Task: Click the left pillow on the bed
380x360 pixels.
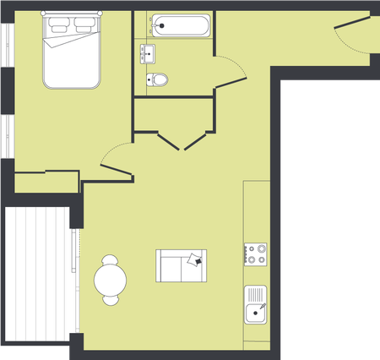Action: (60, 24)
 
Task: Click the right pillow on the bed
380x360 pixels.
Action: (84, 24)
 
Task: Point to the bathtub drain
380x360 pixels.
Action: (160, 25)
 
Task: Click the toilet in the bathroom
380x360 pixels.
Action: (157, 80)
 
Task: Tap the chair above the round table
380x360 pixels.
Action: (111, 258)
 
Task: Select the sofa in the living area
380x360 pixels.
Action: (181, 266)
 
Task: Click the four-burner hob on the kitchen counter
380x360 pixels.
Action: (256, 254)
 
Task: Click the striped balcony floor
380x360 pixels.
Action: (38, 275)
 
